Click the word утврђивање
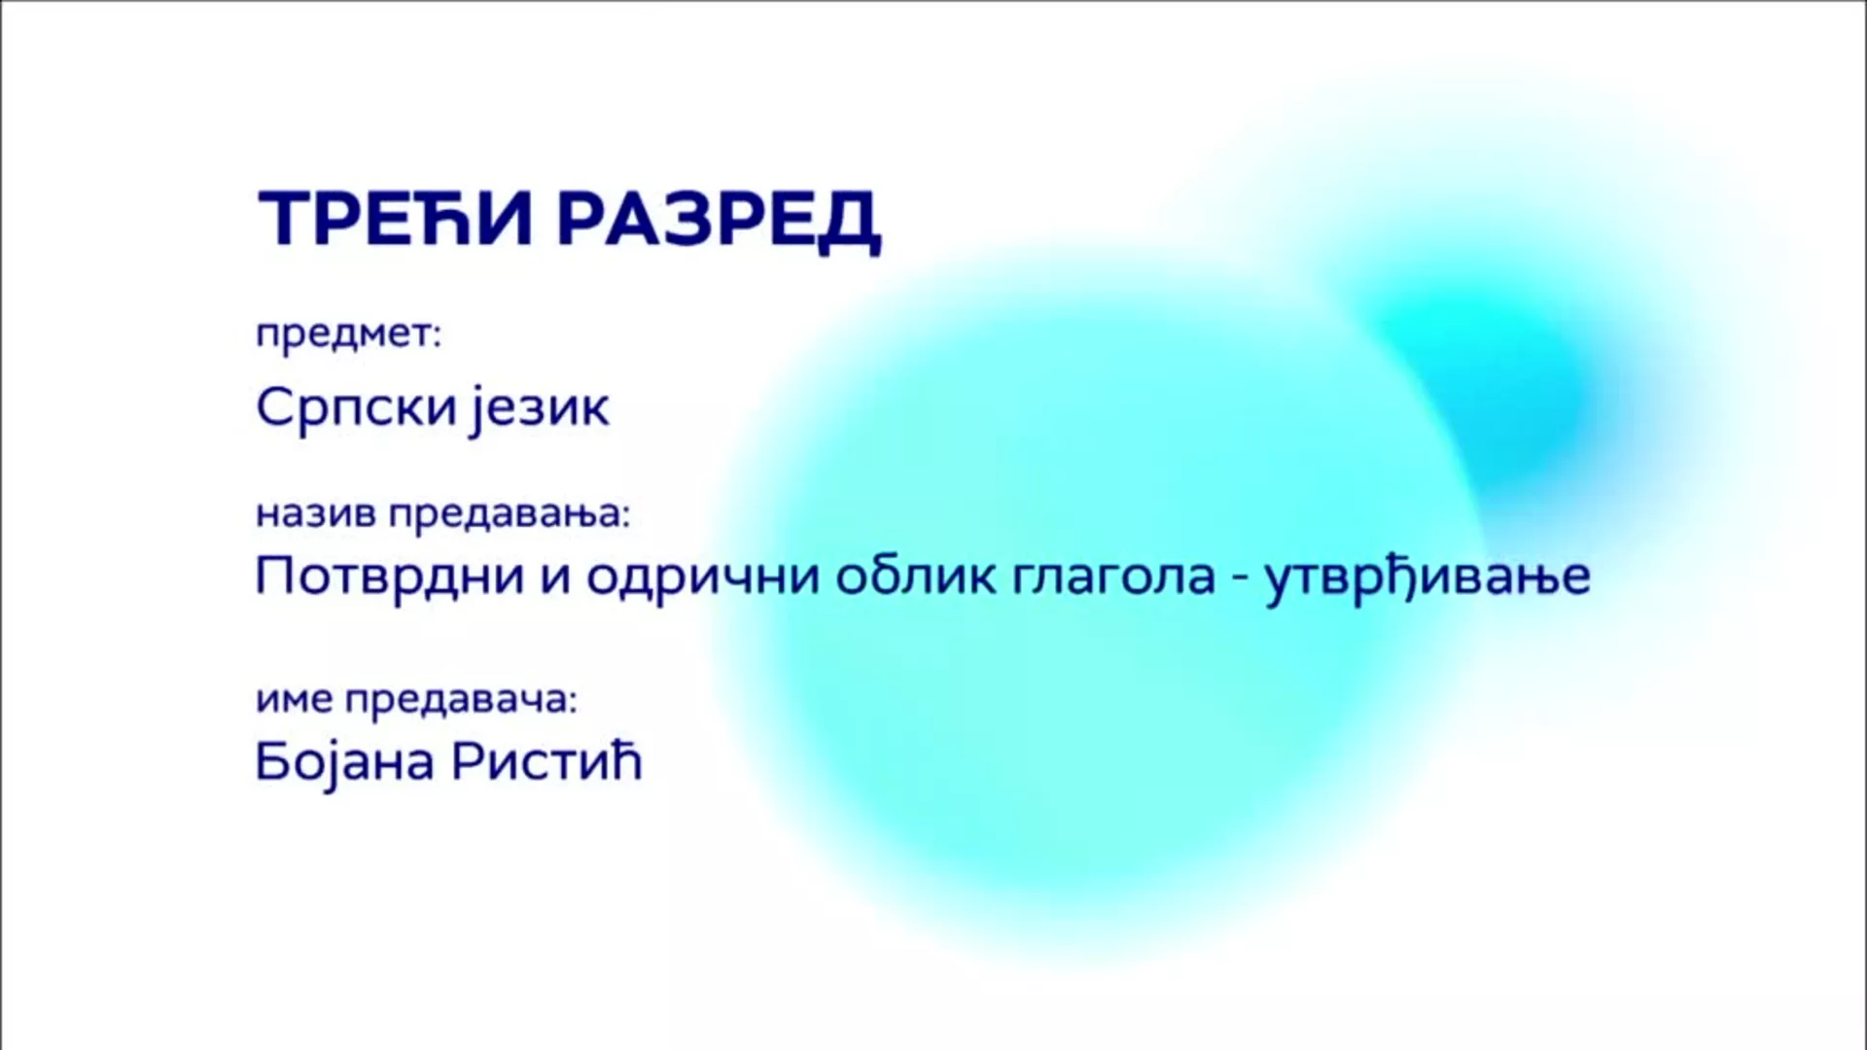[1427, 577]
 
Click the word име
[295, 700]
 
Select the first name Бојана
[344, 763]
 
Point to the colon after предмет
[436, 336]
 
